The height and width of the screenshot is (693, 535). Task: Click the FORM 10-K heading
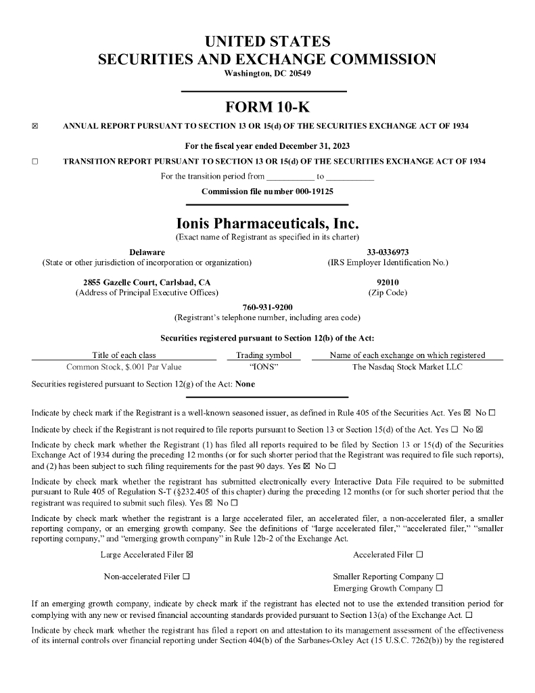(267, 107)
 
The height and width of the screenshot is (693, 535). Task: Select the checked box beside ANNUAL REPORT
(35, 126)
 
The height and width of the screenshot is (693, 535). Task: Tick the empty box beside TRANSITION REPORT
(35, 161)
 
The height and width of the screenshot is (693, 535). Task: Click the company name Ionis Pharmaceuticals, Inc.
(267, 223)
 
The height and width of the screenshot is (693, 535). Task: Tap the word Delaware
(147, 252)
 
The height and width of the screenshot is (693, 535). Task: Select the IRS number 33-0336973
(388, 252)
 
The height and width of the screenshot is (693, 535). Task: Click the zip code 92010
(388, 282)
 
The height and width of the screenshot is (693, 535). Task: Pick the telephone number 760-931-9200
(267, 307)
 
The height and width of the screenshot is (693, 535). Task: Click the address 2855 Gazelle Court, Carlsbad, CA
(147, 282)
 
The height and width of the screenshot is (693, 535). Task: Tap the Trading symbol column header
(264, 355)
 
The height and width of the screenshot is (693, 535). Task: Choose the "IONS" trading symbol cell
(264, 367)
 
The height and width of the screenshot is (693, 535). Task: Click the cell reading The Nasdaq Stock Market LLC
(407, 367)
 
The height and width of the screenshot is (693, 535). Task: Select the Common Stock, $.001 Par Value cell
(124, 367)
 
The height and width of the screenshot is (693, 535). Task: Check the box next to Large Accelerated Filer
(189, 555)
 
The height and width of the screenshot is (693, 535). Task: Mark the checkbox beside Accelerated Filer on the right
(420, 555)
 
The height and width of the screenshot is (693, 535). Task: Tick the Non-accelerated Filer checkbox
(185, 577)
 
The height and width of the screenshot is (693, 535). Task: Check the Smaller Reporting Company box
(440, 577)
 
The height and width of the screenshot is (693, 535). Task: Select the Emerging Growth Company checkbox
(440, 588)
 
